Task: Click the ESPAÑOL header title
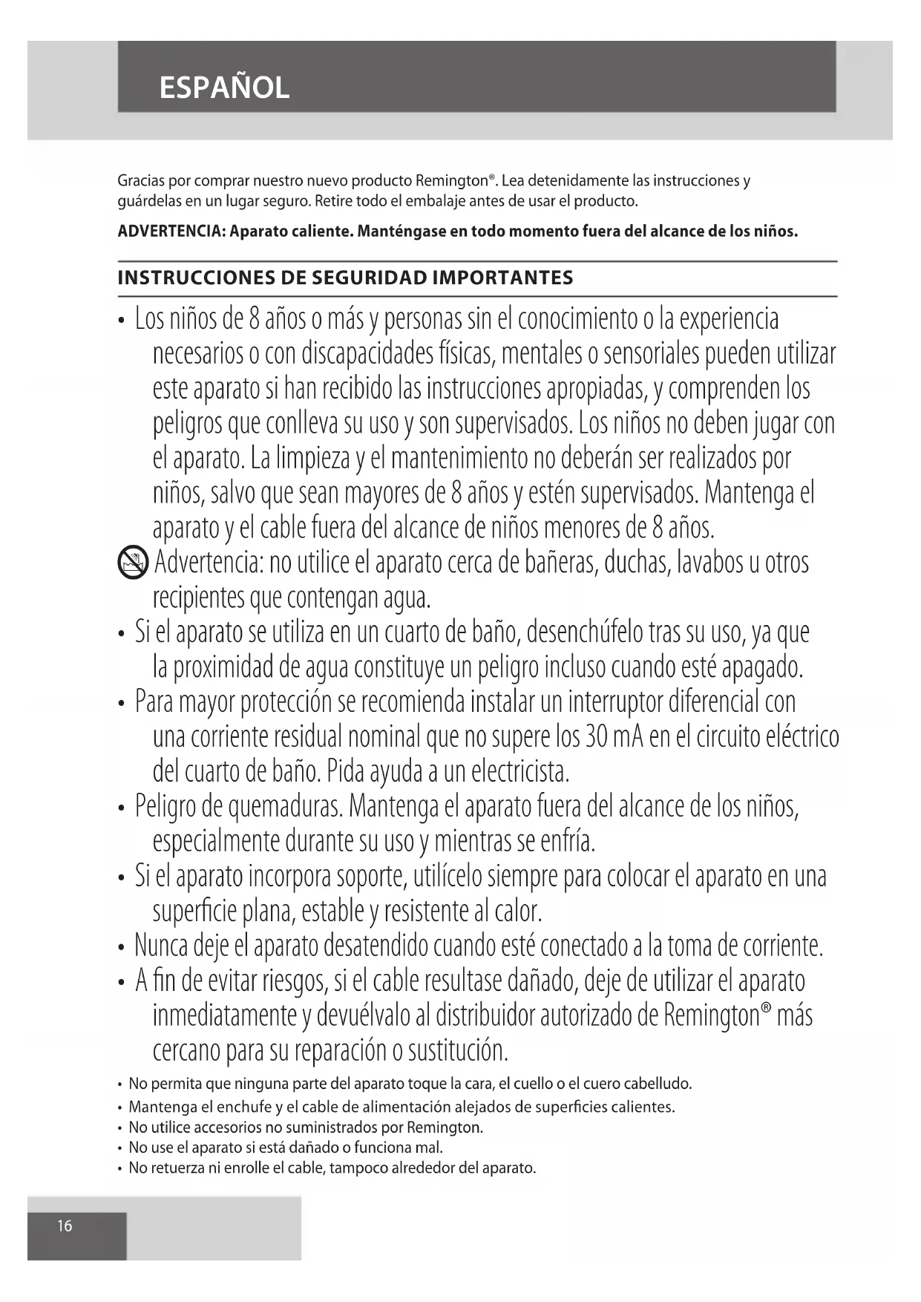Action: click(x=224, y=88)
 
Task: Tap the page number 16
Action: click(x=65, y=1226)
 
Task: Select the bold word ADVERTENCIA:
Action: click(x=171, y=232)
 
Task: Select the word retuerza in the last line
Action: click(x=178, y=1168)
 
